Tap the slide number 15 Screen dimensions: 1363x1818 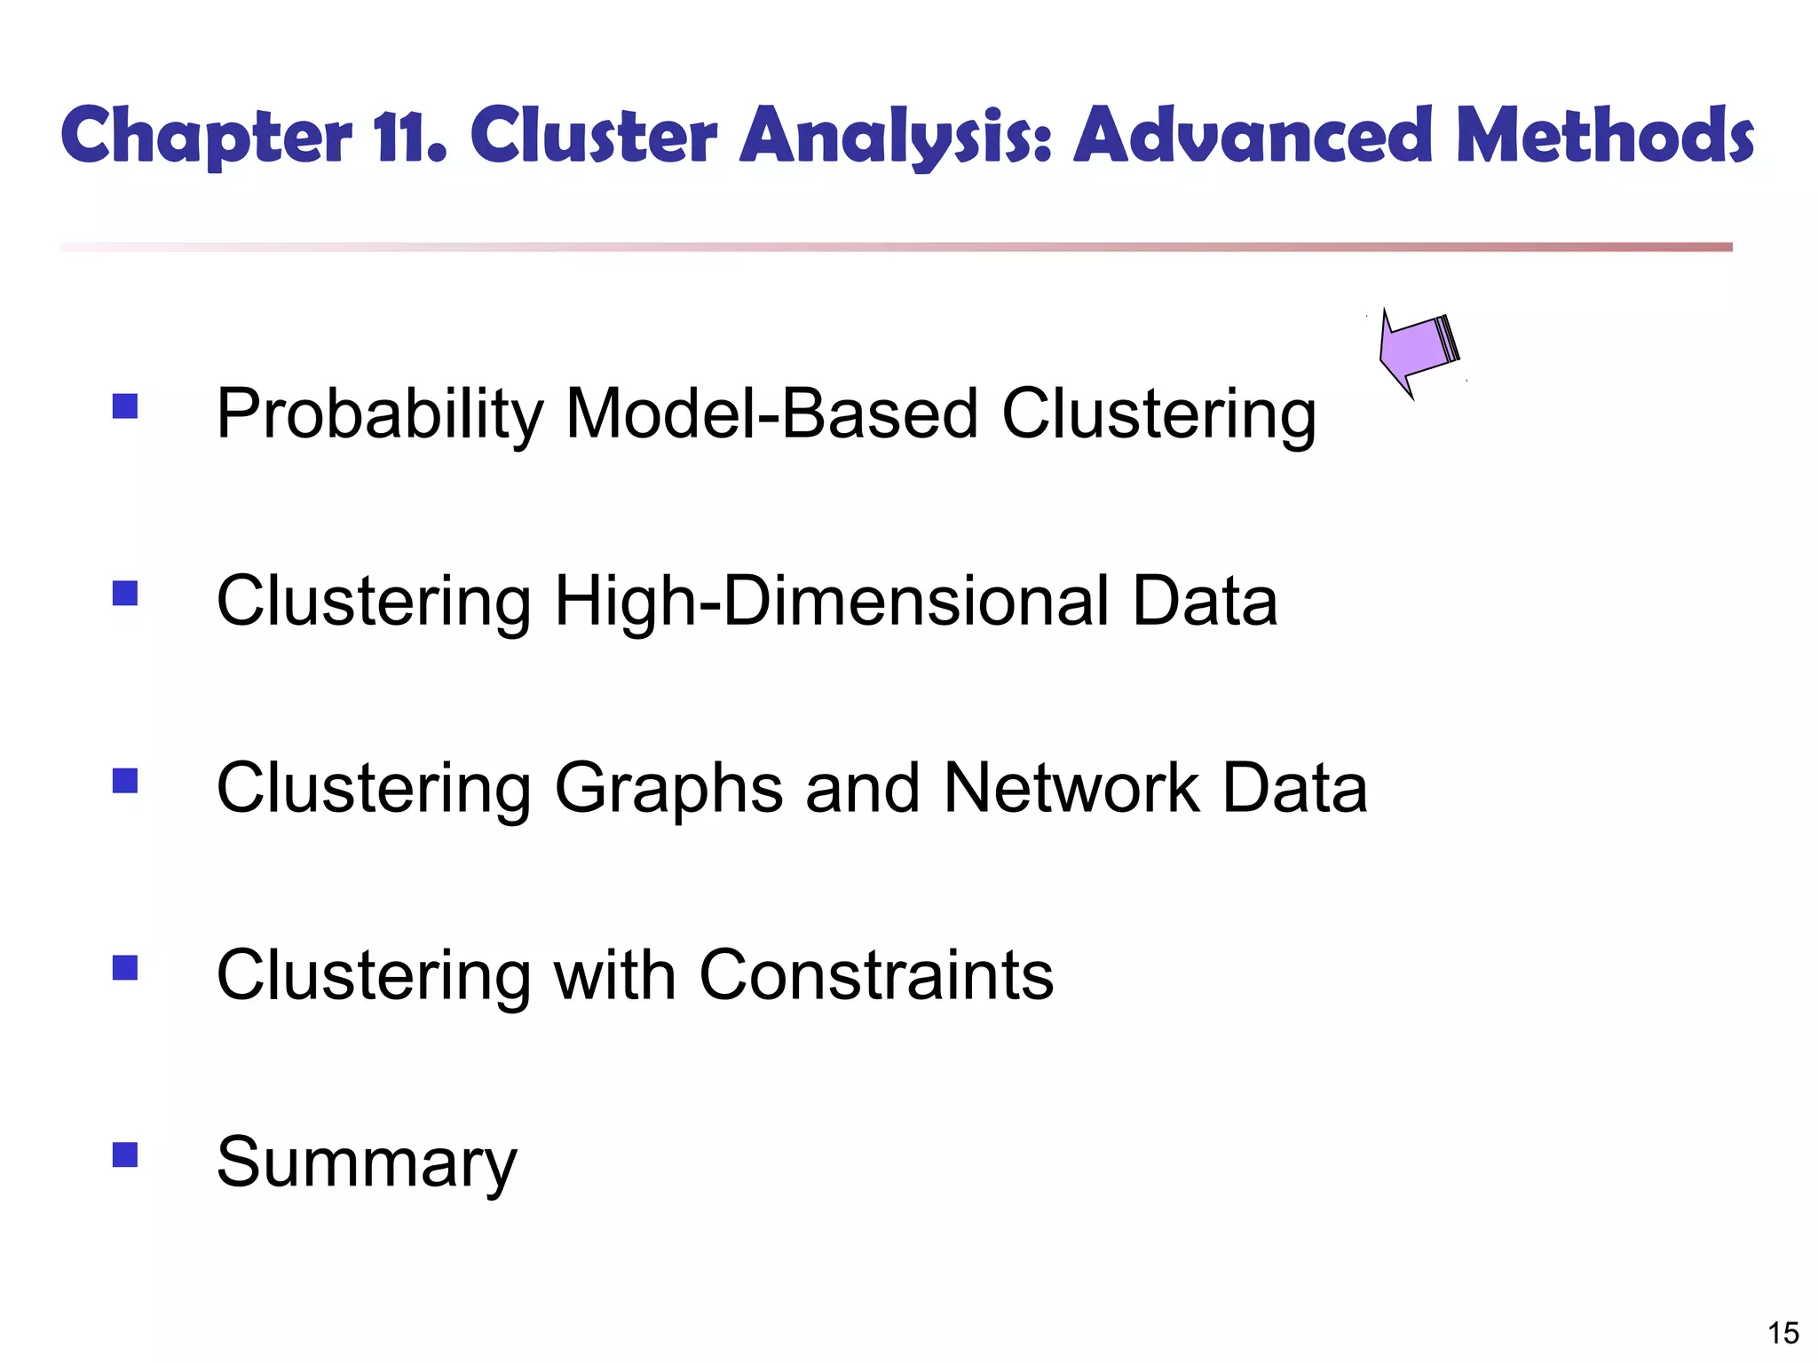pyautogui.click(x=1782, y=1333)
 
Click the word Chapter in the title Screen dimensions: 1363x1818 pyautogui.click(x=206, y=138)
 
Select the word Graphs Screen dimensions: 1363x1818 pyautogui.click(x=668, y=789)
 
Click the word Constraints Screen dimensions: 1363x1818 pyautogui.click(x=876, y=974)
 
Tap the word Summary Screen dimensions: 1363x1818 pyautogui.click(x=366, y=1162)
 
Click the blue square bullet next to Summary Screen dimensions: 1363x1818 pyautogui.click(x=125, y=1154)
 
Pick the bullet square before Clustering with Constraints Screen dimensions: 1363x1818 pyautogui.click(x=125, y=967)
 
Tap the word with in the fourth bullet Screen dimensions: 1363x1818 pyautogui.click(x=614, y=974)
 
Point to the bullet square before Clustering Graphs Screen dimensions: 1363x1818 pyautogui.click(x=125, y=780)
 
